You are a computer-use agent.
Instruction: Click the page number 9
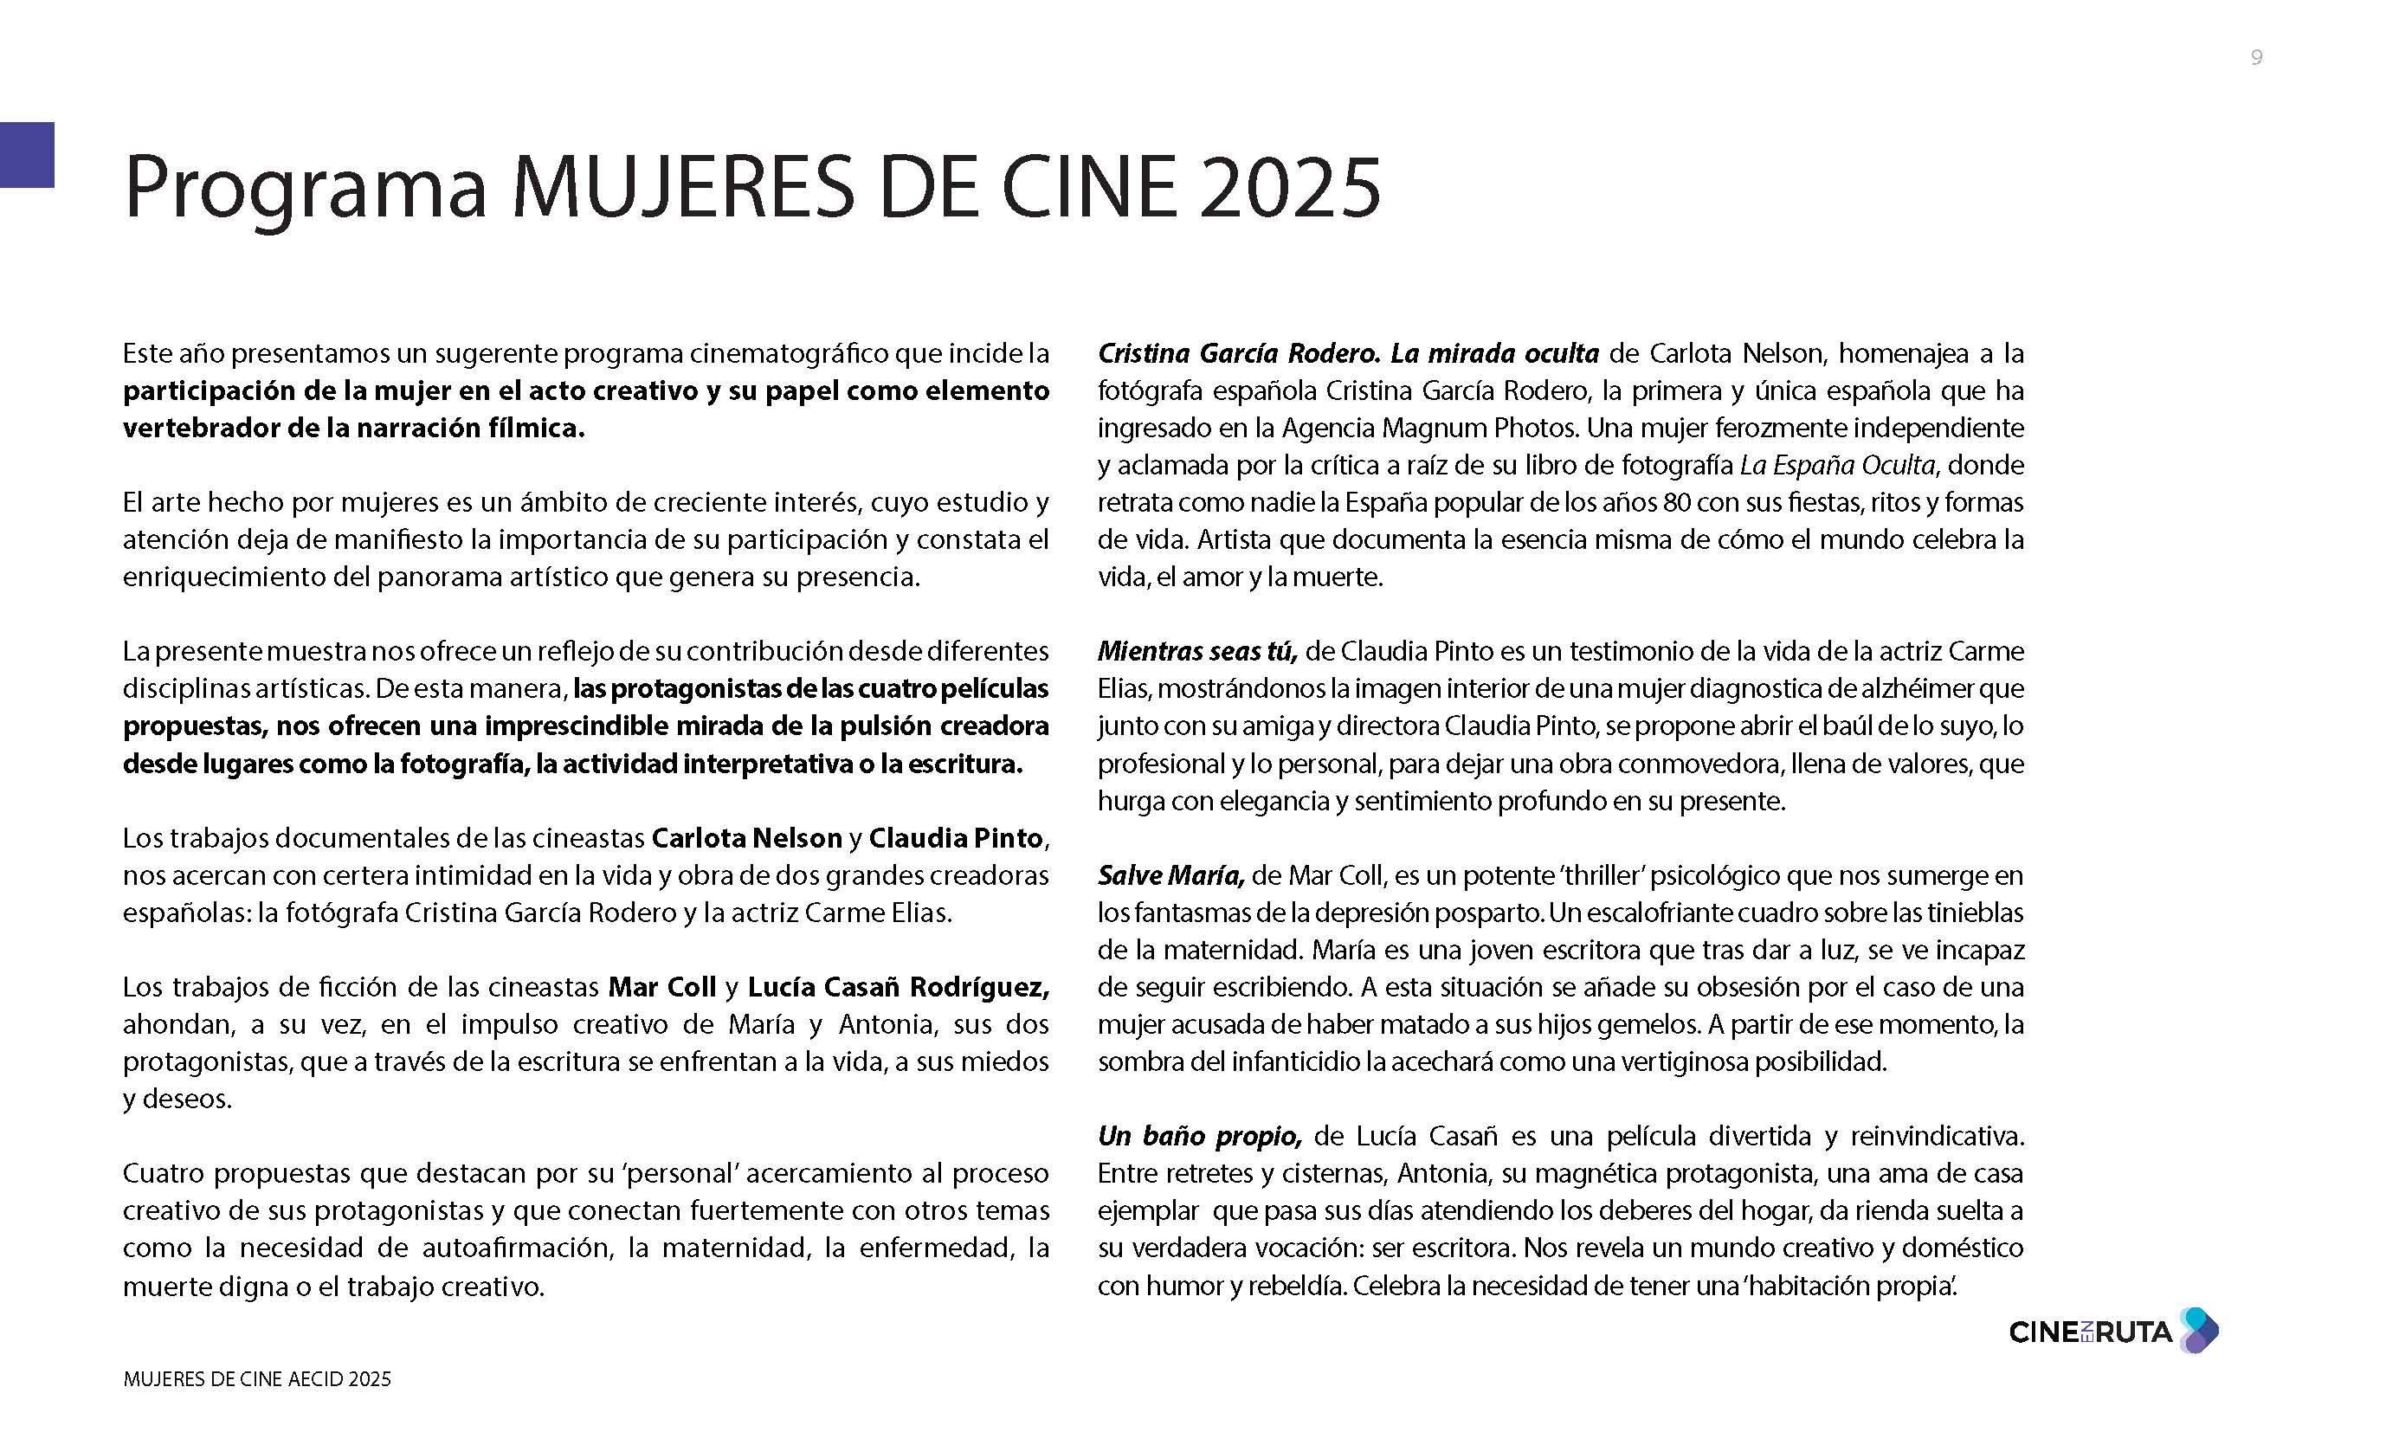[2256, 58]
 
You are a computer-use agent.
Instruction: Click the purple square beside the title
[27, 154]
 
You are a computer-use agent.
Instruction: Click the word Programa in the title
[305, 188]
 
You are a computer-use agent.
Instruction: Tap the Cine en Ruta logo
[2112, 1332]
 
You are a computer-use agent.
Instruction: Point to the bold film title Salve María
[1170, 875]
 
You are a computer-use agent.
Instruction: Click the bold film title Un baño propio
[1200, 1136]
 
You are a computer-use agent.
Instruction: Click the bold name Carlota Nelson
[747, 837]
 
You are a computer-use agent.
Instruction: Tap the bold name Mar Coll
[662, 987]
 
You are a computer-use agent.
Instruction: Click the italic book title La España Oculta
[1837, 465]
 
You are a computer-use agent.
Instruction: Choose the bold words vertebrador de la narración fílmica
[353, 428]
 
